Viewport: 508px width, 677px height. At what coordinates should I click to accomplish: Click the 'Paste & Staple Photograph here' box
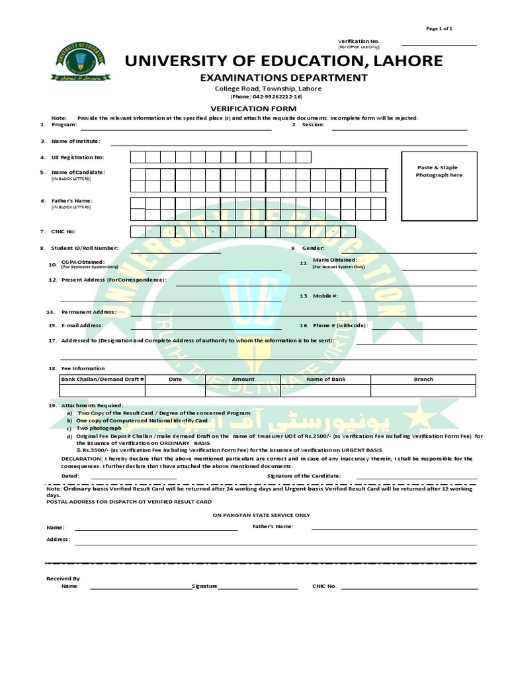(x=439, y=186)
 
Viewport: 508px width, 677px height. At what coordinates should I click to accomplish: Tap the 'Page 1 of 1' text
(x=439, y=28)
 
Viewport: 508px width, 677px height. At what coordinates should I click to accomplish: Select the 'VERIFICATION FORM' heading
(x=253, y=108)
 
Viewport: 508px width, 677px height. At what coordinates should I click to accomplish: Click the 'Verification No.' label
(x=359, y=41)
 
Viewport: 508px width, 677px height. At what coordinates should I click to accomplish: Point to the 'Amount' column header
(x=243, y=379)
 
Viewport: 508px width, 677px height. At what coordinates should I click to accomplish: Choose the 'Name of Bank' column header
(x=325, y=379)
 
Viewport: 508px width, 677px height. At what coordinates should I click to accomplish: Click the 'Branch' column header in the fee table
(x=423, y=379)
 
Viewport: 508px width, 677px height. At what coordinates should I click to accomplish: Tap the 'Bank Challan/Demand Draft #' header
(x=103, y=379)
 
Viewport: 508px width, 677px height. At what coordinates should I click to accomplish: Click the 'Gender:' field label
(x=313, y=248)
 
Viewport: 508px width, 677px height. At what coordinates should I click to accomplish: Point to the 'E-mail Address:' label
(x=82, y=325)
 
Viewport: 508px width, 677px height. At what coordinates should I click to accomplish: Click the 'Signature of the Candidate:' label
(x=304, y=475)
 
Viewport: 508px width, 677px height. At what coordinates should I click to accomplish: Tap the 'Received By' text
(x=63, y=578)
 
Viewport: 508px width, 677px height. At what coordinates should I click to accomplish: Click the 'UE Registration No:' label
(x=77, y=157)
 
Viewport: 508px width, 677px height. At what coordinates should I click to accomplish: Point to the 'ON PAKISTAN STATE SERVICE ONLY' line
(x=261, y=514)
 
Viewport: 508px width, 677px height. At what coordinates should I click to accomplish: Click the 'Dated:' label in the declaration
(x=71, y=475)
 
